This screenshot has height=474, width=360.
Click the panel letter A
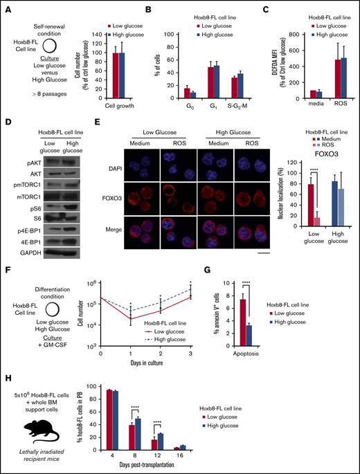click(6, 6)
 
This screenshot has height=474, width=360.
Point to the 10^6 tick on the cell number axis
click(89, 282)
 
